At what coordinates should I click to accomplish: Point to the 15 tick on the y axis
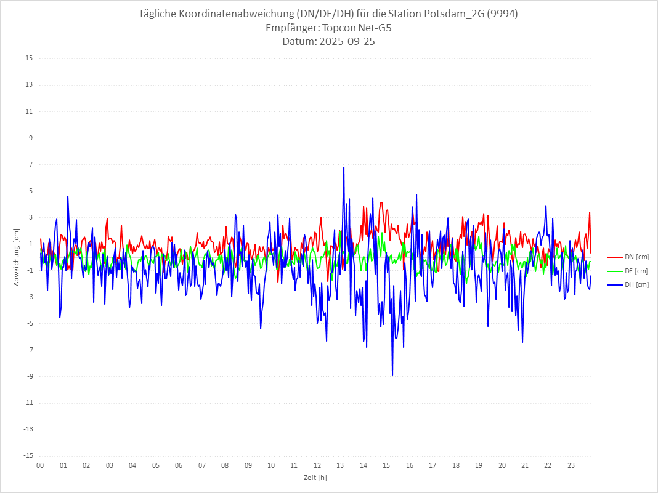30,58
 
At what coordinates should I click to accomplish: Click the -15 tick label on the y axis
28,456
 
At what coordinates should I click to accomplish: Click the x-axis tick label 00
40,465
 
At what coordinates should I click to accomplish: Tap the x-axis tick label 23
571,465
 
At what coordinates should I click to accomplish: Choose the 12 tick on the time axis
317,465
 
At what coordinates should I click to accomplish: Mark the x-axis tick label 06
179,465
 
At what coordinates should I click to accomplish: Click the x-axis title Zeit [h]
315,478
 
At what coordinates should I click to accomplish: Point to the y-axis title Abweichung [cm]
17,257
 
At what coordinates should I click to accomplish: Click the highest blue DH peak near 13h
344,167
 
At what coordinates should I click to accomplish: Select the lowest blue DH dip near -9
392,375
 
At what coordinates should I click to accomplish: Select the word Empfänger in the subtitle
291,28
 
